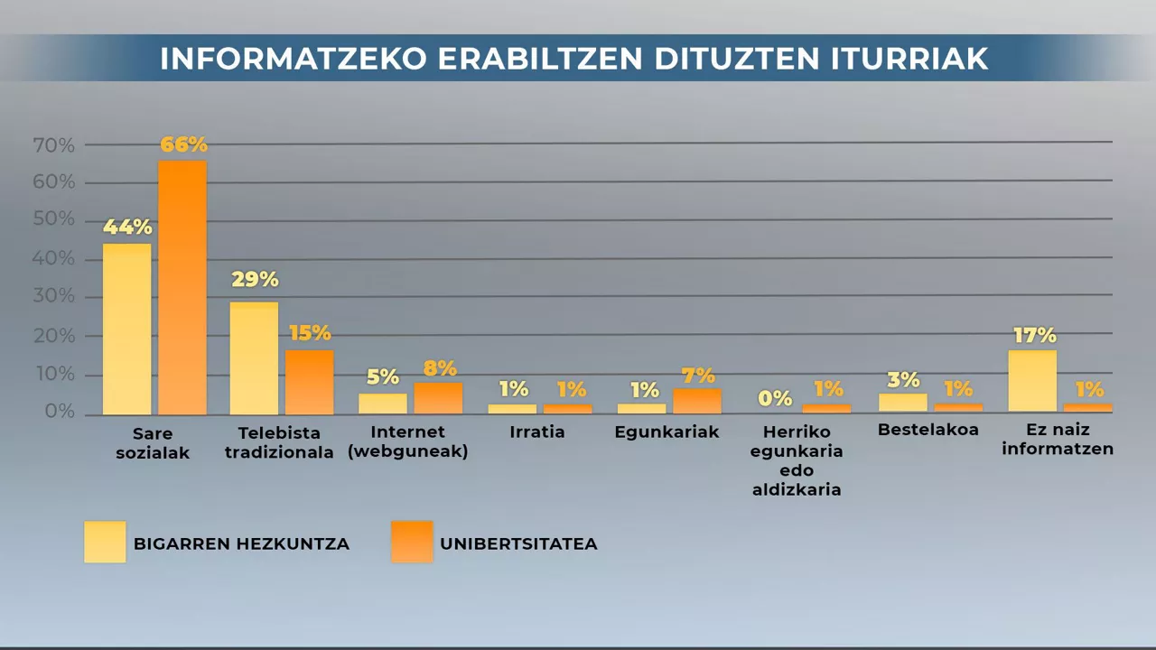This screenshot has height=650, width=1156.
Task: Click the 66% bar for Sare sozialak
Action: [x=182, y=287]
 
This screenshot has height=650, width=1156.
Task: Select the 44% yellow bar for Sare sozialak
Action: [x=126, y=329]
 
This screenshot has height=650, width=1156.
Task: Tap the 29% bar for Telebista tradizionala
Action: [x=254, y=357]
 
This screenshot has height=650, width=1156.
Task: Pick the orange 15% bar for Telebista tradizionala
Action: [x=310, y=382]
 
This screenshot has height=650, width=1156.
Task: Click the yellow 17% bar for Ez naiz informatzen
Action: [x=1032, y=381]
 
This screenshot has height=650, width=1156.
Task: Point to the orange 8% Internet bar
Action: [x=438, y=398]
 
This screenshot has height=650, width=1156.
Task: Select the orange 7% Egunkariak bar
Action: [x=697, y=401]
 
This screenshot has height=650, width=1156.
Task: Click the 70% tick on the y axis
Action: [x=53, y=144]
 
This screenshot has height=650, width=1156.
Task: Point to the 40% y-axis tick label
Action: [x=53, y=259]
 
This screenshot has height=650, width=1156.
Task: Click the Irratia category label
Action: [x=536, y=432]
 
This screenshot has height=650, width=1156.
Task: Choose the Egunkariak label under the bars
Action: [x=667, y=432]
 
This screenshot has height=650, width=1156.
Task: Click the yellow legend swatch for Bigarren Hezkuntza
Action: [x=105, y=542]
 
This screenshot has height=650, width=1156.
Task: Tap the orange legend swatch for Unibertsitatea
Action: [x=412, y=542]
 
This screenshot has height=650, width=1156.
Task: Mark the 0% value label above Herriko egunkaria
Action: [x=775, y=398]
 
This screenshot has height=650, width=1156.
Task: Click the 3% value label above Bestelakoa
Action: [x=902, y=380]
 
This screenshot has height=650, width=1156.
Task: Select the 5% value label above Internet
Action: [x=382, y=377]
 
